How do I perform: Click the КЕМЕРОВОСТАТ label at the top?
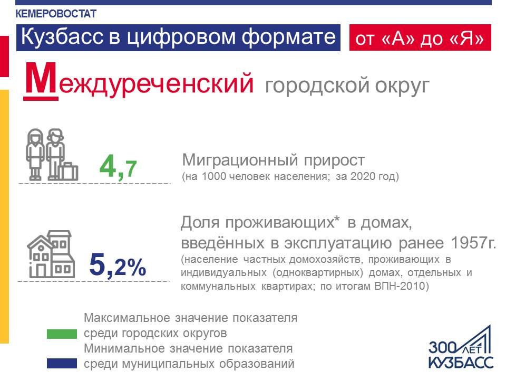click(56, 14)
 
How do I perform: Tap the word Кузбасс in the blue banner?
click(63, 36)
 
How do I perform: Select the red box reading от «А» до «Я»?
click(420, 37)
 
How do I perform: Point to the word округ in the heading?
click(402, 86)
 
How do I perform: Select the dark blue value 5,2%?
click(118, 265)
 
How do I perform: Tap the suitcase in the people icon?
click(68, 171)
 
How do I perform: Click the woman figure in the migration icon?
click(35, 155)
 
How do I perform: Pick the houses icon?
click(51, 254)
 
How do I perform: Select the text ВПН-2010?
click(400, 286)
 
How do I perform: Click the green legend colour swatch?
click(62, 334)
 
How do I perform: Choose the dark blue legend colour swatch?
click(62, 364)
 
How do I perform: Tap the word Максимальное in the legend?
click(127, 318)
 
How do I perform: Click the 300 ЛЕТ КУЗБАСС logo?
click(461, 348)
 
